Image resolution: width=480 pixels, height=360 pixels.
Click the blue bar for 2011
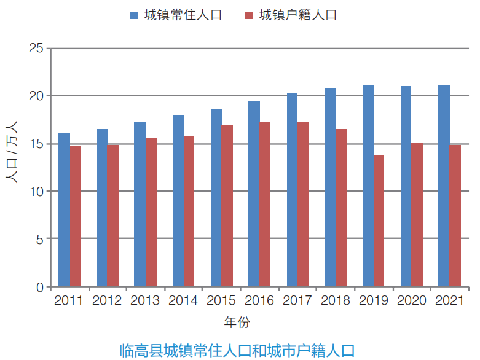click(64, 210)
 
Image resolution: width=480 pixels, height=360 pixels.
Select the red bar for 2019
click(379, 221)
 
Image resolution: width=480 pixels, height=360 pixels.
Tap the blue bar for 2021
click(444, 186)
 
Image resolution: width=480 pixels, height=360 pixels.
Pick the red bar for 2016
click(265, 204)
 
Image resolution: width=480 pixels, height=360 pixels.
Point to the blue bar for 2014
click(178, 201)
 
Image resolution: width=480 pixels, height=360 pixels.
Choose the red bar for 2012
click(113, 216)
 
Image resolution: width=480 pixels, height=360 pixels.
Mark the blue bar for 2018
click(331, 187)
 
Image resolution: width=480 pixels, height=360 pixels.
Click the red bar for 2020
click(417, 215)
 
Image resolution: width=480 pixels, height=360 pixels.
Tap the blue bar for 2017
click(292, 190)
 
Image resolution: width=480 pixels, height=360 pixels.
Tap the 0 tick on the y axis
click(39, 287)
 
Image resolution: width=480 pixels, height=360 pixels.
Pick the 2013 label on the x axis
click(145, 301)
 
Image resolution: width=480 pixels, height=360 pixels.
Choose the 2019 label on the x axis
click(374, 301)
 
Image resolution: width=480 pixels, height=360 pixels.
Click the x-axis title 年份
click(237, 322)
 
